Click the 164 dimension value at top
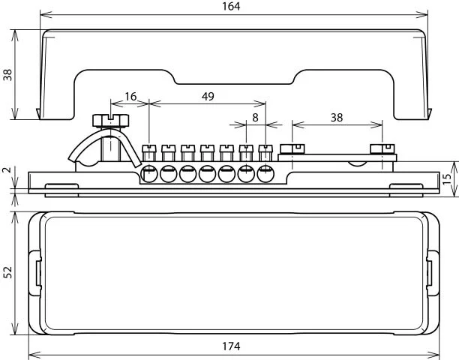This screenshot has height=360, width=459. pos(231,6)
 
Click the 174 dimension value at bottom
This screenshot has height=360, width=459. pos(231,346)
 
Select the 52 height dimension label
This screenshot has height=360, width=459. pos(7,272)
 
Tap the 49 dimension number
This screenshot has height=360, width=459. pos(208,96)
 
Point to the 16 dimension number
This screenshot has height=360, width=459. pos(130,96)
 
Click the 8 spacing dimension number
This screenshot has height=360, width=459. pos(255,118)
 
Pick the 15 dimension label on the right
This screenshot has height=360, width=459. pos(447,179)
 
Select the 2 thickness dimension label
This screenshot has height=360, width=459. pos(7,169)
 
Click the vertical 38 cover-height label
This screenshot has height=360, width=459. pos(7,75)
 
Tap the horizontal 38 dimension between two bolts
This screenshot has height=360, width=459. pos(337,118)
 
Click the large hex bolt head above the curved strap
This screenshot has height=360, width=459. pos(111,120)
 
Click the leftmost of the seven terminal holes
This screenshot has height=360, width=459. pos(149,174)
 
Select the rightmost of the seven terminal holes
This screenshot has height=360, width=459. pos(265,174)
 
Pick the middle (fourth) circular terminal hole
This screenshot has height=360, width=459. pos(207,174)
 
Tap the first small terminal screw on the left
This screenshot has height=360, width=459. pos(149,152)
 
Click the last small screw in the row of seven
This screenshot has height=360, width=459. pos(265,152)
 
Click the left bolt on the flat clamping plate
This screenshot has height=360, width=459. pos(292,149)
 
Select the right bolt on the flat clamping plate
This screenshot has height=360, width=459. pos(382,149)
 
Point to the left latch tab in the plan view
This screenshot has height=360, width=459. pos(35,273)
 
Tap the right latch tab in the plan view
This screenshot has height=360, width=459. pos(433,273)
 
